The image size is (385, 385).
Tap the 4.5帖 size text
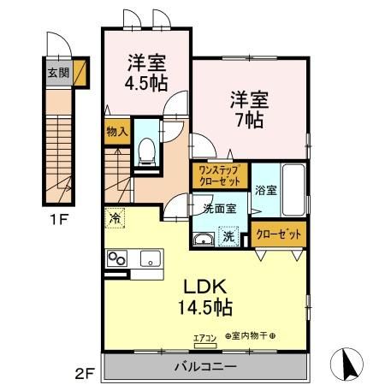tap(146, 84)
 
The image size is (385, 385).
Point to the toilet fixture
tap(145, 152)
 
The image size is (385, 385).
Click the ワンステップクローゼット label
tap(219, 175)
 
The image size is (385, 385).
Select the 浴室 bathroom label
tap(264, 191)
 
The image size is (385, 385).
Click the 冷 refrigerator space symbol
tap(114, 219)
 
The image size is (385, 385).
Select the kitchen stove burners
tap(115, 259)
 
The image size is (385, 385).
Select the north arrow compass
tap(348, 364)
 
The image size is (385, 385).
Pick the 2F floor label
tap(83, 373)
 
